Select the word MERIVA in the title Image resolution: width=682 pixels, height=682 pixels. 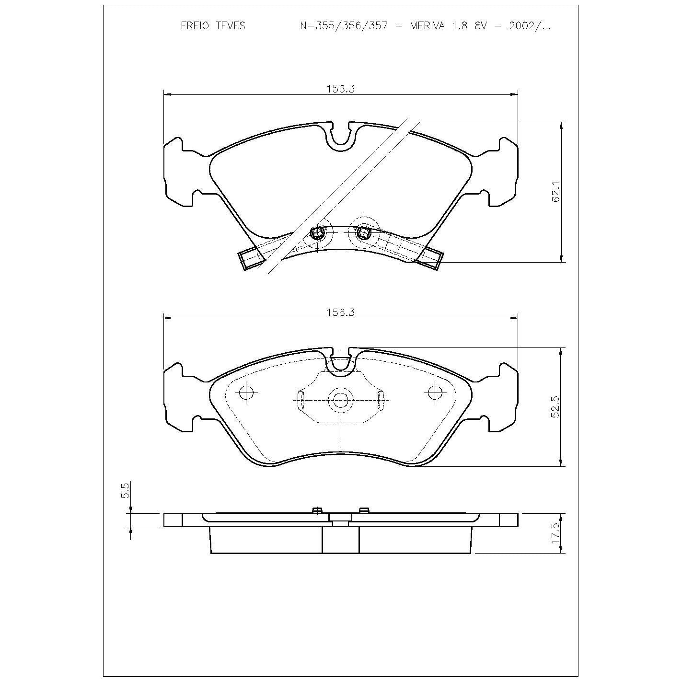pos(427,26)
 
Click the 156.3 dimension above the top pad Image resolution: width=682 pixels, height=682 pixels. pos(340,89)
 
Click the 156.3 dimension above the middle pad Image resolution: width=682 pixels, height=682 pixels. pos(340,312)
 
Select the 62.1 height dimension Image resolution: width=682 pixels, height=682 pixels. pos(555,192)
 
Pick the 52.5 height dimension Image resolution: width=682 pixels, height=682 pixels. pos(555,406)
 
